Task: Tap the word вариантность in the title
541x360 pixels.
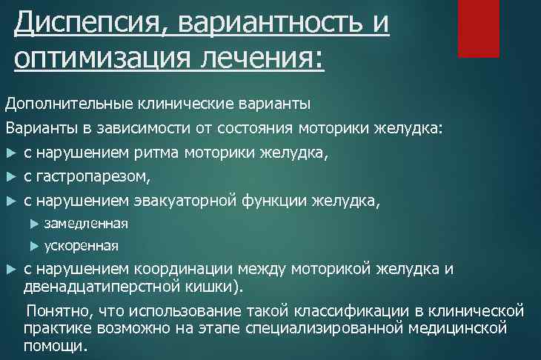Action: click(267, 24)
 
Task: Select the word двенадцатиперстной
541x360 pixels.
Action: click(97, 286)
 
